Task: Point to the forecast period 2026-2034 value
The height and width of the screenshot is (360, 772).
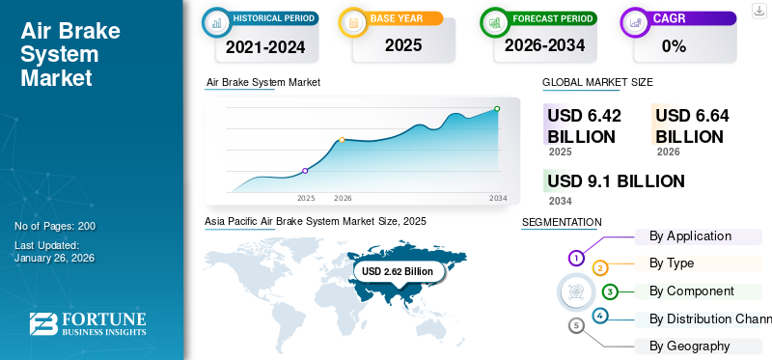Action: (543, 45)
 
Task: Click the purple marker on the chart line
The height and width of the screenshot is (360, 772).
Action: (306, 171)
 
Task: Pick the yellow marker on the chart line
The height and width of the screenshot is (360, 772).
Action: (342, 140)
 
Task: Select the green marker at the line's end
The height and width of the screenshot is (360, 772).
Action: (497, 109)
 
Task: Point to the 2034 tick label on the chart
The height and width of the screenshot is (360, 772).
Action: (498, 198)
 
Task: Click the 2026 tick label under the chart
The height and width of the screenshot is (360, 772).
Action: (343, 198)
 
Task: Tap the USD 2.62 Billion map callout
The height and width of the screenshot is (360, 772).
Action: (398, 272)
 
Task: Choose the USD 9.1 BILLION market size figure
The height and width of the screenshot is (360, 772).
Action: (616, 180)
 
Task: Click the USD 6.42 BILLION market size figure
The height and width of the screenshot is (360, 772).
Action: (582, 125)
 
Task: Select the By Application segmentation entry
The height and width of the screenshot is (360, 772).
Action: (690, 235)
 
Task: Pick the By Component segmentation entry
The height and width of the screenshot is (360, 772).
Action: (691, 291)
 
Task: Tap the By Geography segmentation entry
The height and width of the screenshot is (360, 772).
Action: (689, 346)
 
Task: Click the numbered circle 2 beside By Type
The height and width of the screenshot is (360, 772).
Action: (600, 267)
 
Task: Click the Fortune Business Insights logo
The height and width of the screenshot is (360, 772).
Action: (87, 324)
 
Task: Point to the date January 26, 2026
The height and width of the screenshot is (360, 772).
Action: (54, 258)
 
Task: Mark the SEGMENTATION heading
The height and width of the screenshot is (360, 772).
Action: (561, 222)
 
